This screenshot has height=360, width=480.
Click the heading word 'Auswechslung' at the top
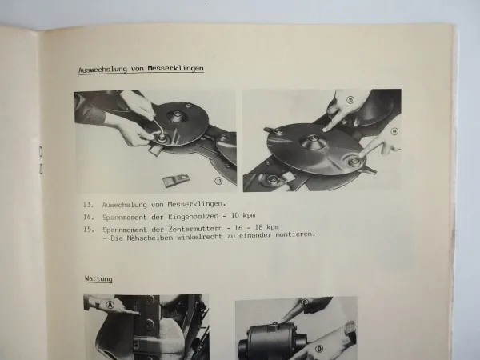(x=102, y=69)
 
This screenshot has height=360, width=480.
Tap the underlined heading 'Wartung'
(x=98, y=278)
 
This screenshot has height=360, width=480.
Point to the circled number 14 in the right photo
(x=393, y=130)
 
